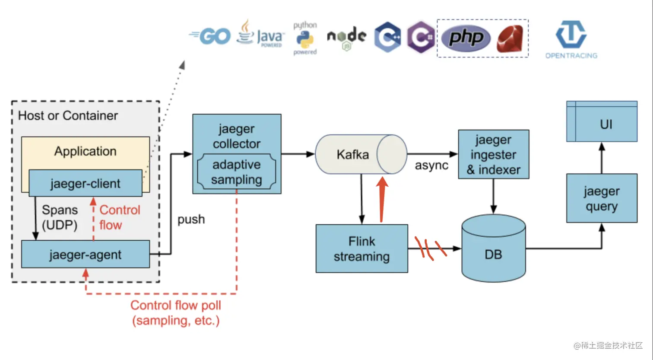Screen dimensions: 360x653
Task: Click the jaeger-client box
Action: [x=86, y=183]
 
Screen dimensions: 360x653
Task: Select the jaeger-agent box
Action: [x=86, y=255]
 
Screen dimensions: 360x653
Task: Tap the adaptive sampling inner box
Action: [x=237, y=172]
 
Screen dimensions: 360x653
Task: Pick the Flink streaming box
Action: [x=361, y=248]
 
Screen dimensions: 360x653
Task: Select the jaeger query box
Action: [x=602, y=198]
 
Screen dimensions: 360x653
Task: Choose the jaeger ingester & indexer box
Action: [x=493, y=154]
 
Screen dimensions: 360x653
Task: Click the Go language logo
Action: [x=210, y=37]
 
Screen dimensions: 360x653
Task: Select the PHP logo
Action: [x=466, y=38]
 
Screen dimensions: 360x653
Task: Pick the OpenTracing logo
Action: [x=571, y=39]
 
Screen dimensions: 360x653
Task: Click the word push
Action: [x=191, y=220]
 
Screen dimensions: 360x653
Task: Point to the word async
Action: [x=431, y=166]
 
